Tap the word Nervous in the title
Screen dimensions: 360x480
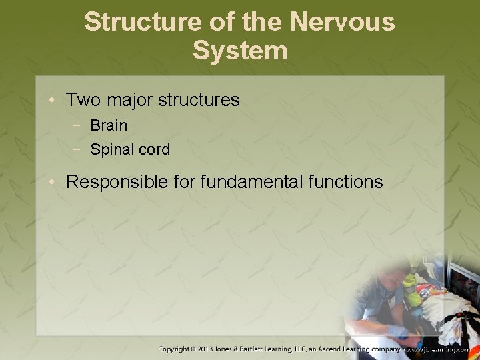point(342,22)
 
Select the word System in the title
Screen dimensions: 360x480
point(240,51)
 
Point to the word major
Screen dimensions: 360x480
point(129,101)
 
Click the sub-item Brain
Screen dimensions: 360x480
point(109,125)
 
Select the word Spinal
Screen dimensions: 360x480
point(111,150)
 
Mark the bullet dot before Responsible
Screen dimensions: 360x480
point(52,183)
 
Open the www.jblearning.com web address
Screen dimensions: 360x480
point(440,349)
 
